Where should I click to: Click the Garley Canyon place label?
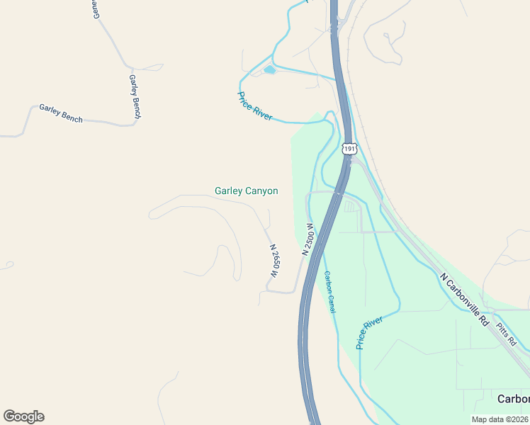pyautogui.click(x=246, y=191)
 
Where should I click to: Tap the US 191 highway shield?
pyautogui.click(x=348, y=149)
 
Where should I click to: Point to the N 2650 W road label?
pyautogui.click(x=274, y=261)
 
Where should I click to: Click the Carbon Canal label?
pyautogui.click(x=329, y=292)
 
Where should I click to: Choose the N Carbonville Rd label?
pyautogui.click(x=464, y=300)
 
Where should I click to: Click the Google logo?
pyautogui.click(x=23, y=416)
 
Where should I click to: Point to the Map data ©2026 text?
pyautogui.click(x=500, y=419)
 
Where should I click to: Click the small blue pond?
pyautogui.click(x=269, y=70)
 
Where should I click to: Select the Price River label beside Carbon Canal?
pyautogui.click(x=369, y=333)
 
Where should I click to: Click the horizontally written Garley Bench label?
pyautogui.click(x=61, y=113)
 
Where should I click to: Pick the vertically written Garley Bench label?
pyautogui.click(x=135, y=96)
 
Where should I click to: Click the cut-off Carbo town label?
pyautogui.click(x=513, y=399)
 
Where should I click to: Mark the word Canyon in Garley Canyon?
pyautogui.click(x=261, y=191)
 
